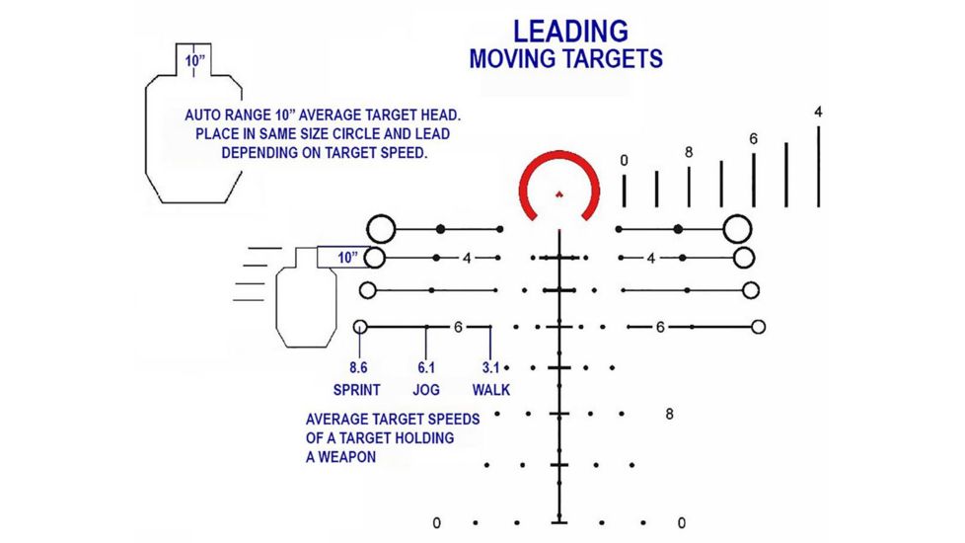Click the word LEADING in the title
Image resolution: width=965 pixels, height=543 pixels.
[570, 32]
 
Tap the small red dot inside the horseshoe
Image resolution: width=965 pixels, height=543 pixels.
[559, 194]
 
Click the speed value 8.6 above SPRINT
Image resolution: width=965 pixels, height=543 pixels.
[358, 367]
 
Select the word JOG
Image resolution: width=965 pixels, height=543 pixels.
[426, 390]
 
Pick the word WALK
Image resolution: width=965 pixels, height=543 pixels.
[491, 390]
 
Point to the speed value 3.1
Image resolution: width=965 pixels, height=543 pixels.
[490, 367]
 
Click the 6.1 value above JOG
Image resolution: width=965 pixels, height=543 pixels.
[426, 367]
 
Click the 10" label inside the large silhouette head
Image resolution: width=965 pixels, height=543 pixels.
[194, 61]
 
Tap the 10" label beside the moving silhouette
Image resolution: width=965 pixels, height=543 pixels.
[347, 258]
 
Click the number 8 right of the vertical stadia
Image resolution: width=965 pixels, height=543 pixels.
[670, 415]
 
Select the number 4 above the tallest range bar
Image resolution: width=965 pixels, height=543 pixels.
[818, 112]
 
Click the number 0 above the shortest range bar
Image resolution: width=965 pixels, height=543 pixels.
[624, 161]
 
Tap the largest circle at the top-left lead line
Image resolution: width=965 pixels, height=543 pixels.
[381, 216]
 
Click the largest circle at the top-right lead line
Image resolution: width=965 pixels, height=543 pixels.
[737, 216]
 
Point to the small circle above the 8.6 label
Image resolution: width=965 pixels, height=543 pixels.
[361, 321]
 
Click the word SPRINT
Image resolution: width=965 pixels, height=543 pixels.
[357, 390]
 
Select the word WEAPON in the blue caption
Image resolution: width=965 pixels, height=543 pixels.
[346, 457]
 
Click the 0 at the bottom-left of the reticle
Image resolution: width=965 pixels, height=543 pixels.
[436, 523]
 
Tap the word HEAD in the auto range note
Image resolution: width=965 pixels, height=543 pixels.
[440, 116]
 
